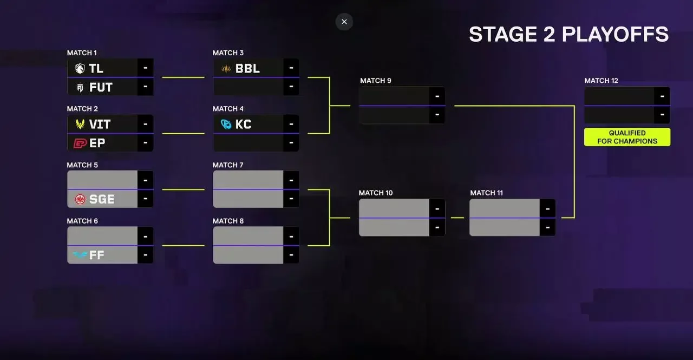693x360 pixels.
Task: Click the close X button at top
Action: (x=344, y=22)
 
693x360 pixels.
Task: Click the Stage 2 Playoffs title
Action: (x=568, y=34)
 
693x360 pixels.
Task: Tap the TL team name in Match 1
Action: (x=96, y=68)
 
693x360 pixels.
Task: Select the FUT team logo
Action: (x=80, y=88)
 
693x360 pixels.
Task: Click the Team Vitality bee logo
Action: (x=80, y=124)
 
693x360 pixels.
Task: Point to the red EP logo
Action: (x=80, y=143)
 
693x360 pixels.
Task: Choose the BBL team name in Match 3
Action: (x=247, y=68)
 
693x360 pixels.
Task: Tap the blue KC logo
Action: (x=226, y=124)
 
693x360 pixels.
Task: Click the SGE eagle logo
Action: (x=80, y=199)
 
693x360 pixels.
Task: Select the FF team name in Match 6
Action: (x=96, y=255)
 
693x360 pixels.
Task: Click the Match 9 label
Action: (x=376, y=81)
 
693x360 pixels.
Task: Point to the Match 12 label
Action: (x=601, y=81)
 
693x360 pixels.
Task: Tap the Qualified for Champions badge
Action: (x=627, y=137)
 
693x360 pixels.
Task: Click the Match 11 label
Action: (x=486, y=193)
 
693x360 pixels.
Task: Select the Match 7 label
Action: (x=228, y=165)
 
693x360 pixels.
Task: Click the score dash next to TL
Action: (x=146, y=68)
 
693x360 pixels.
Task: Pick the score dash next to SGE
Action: (x=146, y=199)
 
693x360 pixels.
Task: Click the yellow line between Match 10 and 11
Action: (x=457, y=218)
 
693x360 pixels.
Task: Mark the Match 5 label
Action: (x=82, y=165)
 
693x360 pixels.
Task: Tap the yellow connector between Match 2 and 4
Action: (x=183, y=134)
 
